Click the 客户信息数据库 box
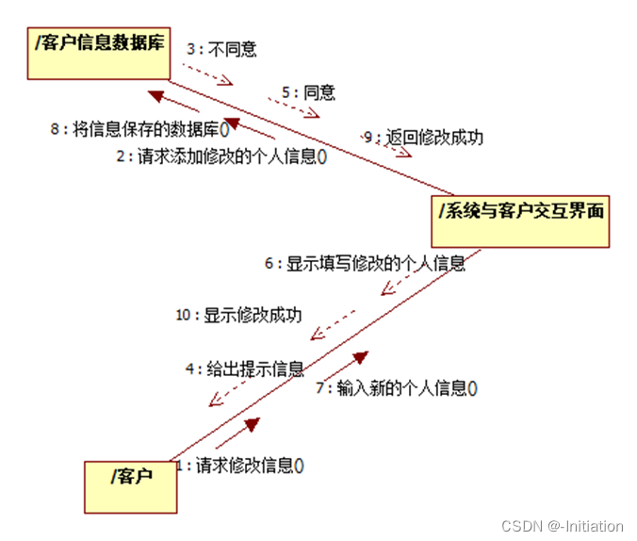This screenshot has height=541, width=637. [x=98, y=54]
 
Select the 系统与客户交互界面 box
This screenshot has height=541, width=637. [x=522, y=221]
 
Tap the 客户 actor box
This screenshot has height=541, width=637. [x=131, y=486]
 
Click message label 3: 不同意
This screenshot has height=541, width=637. [x=221, y=49]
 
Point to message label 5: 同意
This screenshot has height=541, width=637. [x=307, y=93]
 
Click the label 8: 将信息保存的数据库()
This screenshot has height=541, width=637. [x=140, y=130]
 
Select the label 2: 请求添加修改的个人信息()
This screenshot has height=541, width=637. [x=222, y=157]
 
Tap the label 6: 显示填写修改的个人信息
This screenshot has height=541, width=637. [x=365, y=264]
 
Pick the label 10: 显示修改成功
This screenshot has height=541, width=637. [x=238, y=315]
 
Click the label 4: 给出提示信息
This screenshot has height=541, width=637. [x=243, y=369]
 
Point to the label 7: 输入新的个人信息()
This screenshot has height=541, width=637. [x=397, y=388]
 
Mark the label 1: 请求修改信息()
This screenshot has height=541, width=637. [x=239, y=465]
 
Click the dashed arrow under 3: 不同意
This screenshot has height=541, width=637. [x=207, y=74]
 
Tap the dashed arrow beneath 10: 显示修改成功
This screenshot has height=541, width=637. [x=334, y=322]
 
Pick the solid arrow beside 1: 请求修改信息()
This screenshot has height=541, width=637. [x=237, y=434]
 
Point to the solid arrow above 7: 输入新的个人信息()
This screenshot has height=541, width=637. [x=348, y=363]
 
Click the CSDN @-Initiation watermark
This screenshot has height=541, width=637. [x=563, y=526]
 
